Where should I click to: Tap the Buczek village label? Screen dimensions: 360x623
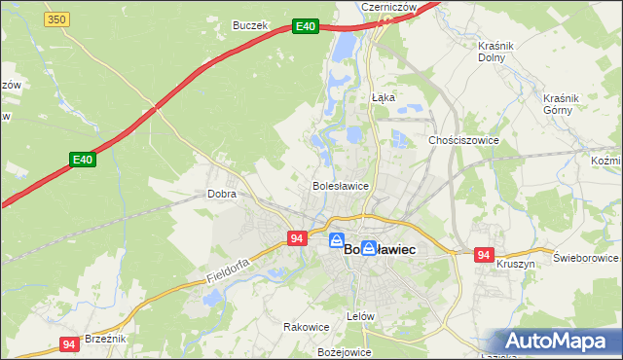click(249, 25)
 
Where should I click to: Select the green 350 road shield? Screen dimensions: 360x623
click(57, 19)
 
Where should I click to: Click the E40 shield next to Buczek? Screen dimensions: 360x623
click(306, 27)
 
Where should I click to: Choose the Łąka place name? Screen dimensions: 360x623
click(383, 97)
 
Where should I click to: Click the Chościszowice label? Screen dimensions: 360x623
click(464, 140)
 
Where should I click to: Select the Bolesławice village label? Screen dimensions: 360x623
click(339, 185)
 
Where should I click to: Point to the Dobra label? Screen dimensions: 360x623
click(222, 194)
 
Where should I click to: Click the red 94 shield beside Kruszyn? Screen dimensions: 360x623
click(484, 255)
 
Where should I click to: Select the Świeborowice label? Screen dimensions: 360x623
click(586, 258)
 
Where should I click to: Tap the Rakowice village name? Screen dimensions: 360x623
click(302, 327)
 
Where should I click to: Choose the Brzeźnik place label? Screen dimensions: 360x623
click(106, 338)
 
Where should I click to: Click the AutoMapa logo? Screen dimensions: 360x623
click(559, 342)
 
